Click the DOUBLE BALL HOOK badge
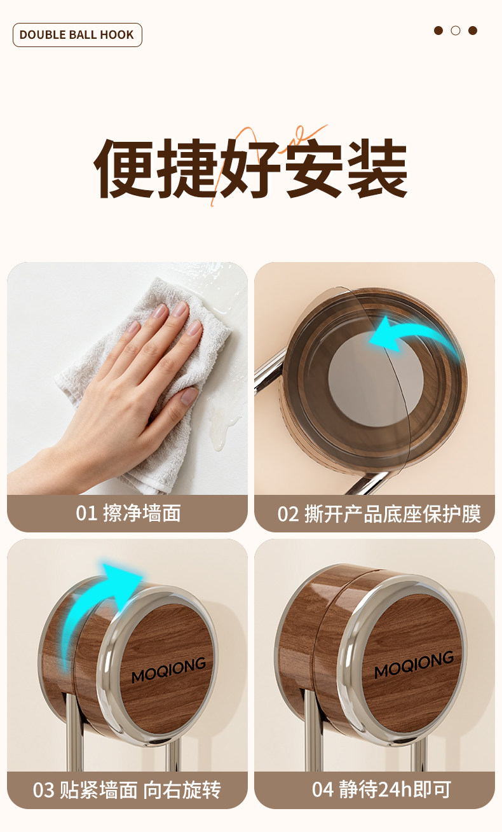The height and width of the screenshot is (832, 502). pos(77,35)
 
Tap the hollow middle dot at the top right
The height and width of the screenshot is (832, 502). pos(455,31)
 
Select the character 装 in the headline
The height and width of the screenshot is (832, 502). pos(377,169)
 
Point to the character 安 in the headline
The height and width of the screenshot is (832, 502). pos(314,169)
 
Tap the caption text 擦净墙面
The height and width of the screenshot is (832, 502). pos(142,513)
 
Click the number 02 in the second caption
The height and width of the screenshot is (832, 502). pos(288,515)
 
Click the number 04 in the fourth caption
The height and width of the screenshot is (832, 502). pos(322,790)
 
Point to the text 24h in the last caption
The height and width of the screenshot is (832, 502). pos(395,789)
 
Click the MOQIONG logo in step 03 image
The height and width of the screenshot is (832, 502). pos(169,669)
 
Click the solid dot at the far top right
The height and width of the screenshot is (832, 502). pos(473,31)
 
